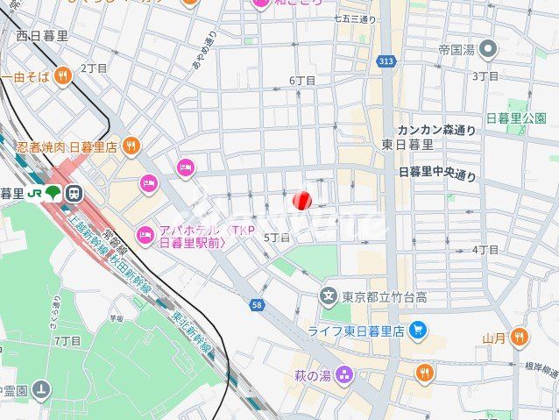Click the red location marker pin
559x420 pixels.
click(301, 201)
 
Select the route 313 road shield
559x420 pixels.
click(386, 61)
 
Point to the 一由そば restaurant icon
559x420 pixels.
click(61, 76)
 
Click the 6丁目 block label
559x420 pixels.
click(302, 81)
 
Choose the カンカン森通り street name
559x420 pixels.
click(436, 130)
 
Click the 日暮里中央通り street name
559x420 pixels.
click(437, 174)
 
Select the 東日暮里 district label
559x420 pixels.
click(407, 145)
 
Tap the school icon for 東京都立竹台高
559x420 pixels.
click(329, 295)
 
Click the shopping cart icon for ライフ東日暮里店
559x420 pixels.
click(419, 330)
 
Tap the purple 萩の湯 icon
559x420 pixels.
click(345, 375)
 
